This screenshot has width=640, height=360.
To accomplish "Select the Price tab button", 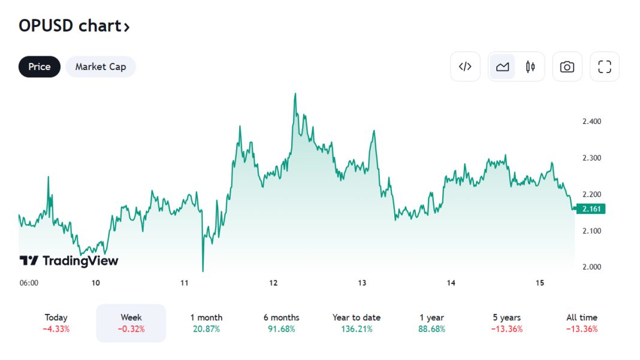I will point(40,66).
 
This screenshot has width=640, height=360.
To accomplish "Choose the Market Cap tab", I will point(101,66).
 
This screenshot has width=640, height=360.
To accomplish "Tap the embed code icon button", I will point(465,66).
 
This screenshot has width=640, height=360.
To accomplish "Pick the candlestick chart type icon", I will point(530,66).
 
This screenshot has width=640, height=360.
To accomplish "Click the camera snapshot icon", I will point(567,66).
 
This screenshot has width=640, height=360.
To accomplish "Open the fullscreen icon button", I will point(605,66).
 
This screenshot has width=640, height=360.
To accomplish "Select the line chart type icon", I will point(502,66).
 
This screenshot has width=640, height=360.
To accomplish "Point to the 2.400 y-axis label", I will point(591,122).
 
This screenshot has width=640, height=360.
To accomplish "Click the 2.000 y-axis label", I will point(591,267).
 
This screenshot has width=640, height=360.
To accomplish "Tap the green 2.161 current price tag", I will point(590,209).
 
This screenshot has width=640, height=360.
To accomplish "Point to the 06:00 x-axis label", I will point(29,283).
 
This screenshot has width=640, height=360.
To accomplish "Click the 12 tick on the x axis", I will point(273,283).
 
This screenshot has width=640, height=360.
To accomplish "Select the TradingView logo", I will point(69,261).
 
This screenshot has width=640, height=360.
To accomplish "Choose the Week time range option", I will point(131,323).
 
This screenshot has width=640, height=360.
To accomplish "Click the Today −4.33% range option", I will point(56,323).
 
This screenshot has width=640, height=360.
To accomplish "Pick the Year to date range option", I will point(357,323).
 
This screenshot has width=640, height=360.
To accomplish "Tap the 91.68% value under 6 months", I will point(282,329).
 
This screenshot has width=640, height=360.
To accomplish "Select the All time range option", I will point(582,323).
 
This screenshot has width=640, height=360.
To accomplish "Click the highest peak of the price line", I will point(295,94).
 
